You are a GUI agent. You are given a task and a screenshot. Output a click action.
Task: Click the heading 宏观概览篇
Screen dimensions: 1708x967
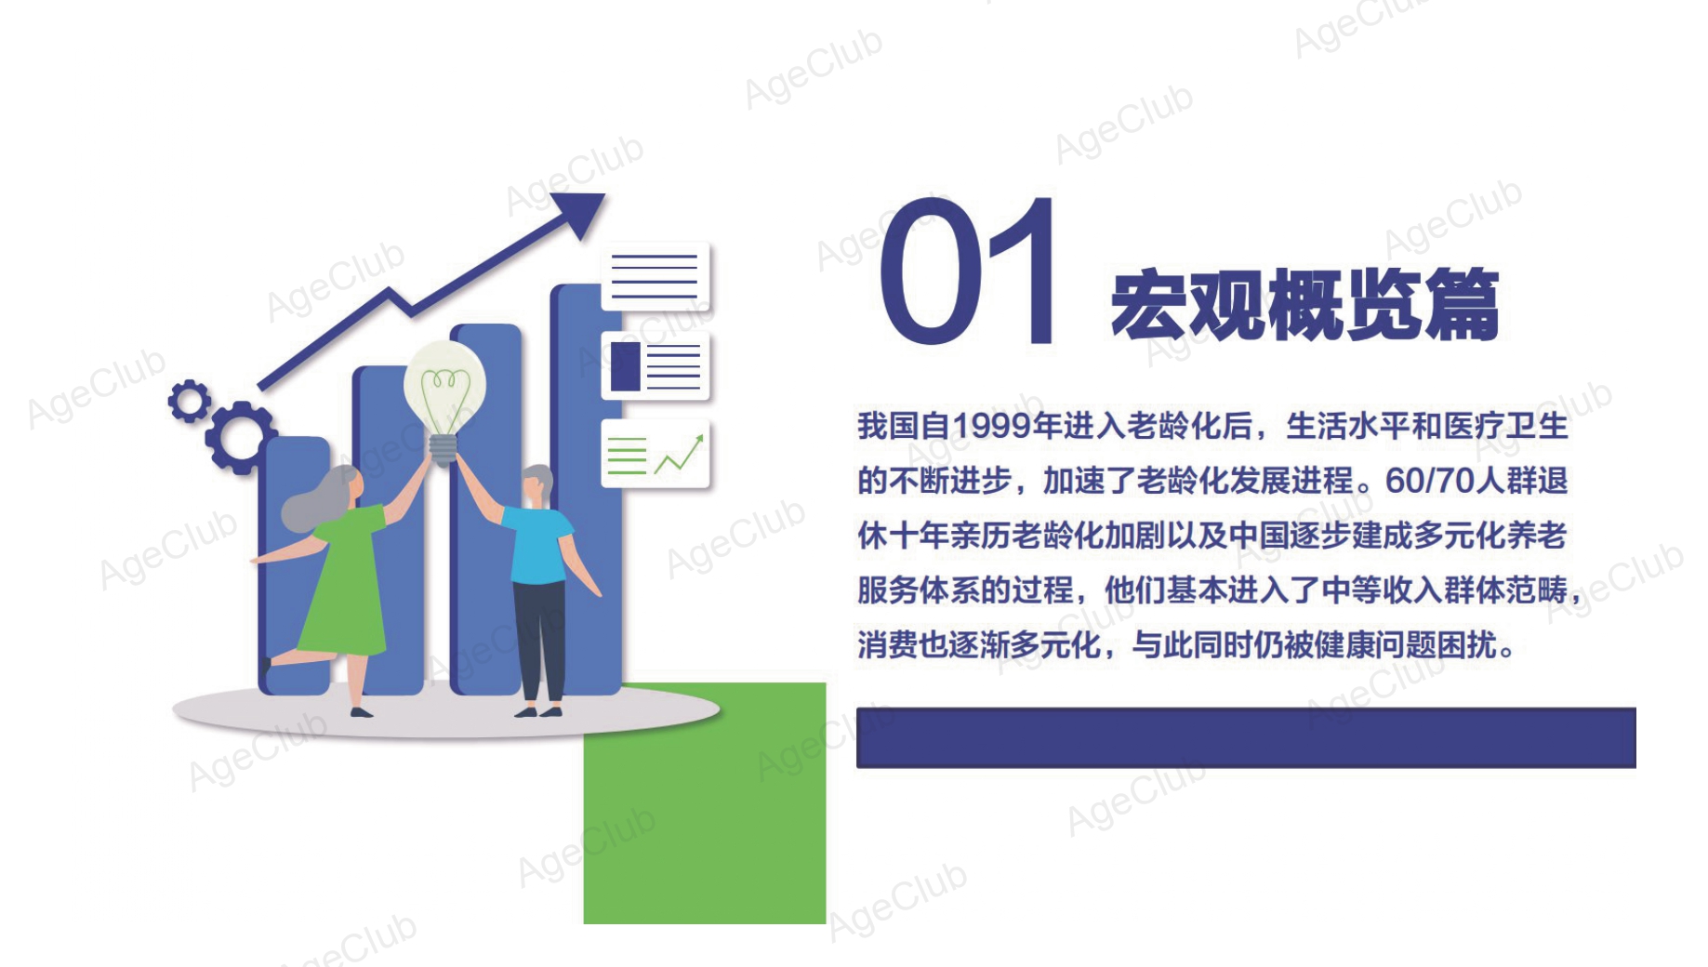pyautogui.click(x=1304, y=304)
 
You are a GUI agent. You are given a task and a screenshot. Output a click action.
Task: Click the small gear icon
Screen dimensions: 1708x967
pyautogui.click(x=190, y=402)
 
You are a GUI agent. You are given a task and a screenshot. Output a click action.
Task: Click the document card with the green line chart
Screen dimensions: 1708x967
pyautogui.click(x=655, y=454)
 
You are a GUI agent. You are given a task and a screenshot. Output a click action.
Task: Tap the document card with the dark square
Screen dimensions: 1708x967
pyautogui.click(x=655, y=365)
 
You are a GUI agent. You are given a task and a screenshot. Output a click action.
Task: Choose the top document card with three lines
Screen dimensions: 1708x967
pyautogui.click(x=655, y=276)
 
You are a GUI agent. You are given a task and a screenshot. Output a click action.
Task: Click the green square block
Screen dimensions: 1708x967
pyautogui.click(x=705, y=803)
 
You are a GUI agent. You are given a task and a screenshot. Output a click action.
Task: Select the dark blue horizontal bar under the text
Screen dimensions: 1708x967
pyautogui.click(x=1246, y=737)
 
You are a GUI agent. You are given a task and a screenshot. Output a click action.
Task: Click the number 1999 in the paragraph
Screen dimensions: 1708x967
pyautogui.click(x=992, y=427)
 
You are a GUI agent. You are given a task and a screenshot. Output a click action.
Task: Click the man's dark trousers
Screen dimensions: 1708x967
pyautogui.click(x=539, y=642)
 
